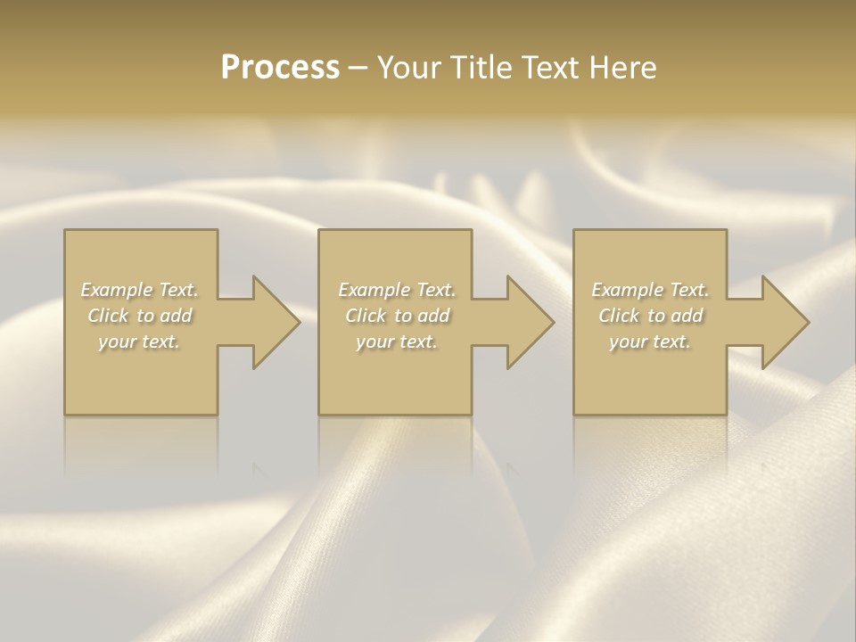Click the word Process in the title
click(x=280, y=68)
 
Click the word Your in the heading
click(x=412, y=68)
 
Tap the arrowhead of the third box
click(x=784, y=323)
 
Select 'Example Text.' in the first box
click(x=140, y=290)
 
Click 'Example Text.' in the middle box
click(x=397, y=290)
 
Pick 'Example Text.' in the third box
click(x=650, y=290)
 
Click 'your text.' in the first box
click(x=139, y=342)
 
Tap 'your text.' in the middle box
click(x=397, y=342)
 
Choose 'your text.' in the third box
click(x=650, y=342)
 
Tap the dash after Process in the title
click(x=358, y=68)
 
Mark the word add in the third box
click(x=686, y=316)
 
